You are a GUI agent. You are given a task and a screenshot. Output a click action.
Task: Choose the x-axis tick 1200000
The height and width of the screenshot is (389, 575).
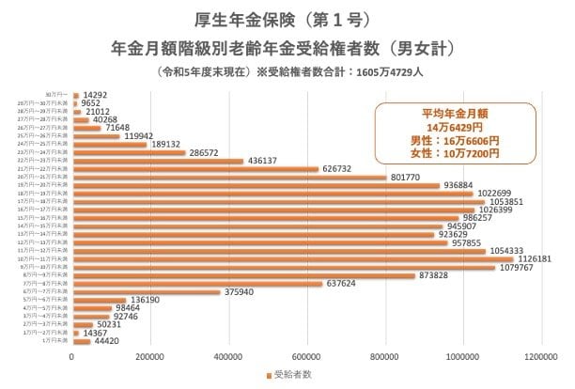point(541,357)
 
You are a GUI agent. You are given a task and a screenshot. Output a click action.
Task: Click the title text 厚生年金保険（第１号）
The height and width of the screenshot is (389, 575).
point(287,19)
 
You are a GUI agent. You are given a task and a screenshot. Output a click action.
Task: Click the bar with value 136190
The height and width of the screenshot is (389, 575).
point(99,301)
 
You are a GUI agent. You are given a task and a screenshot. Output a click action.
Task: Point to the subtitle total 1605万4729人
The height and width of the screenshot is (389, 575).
point(390,70)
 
